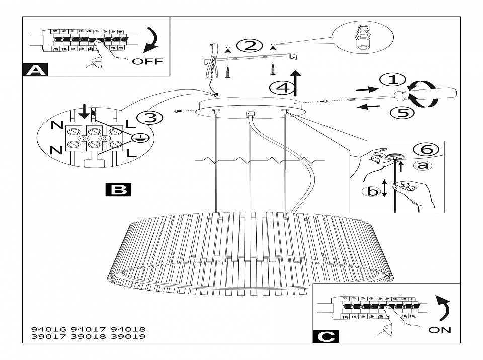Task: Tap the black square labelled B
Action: [119, 189]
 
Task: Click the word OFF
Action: [148, 62]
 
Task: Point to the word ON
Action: [440, 330]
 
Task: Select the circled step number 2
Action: [250, 46]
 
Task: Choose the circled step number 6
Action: [426, 149]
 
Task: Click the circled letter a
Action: [421, 165]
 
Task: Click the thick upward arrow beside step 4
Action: [297, 83]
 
